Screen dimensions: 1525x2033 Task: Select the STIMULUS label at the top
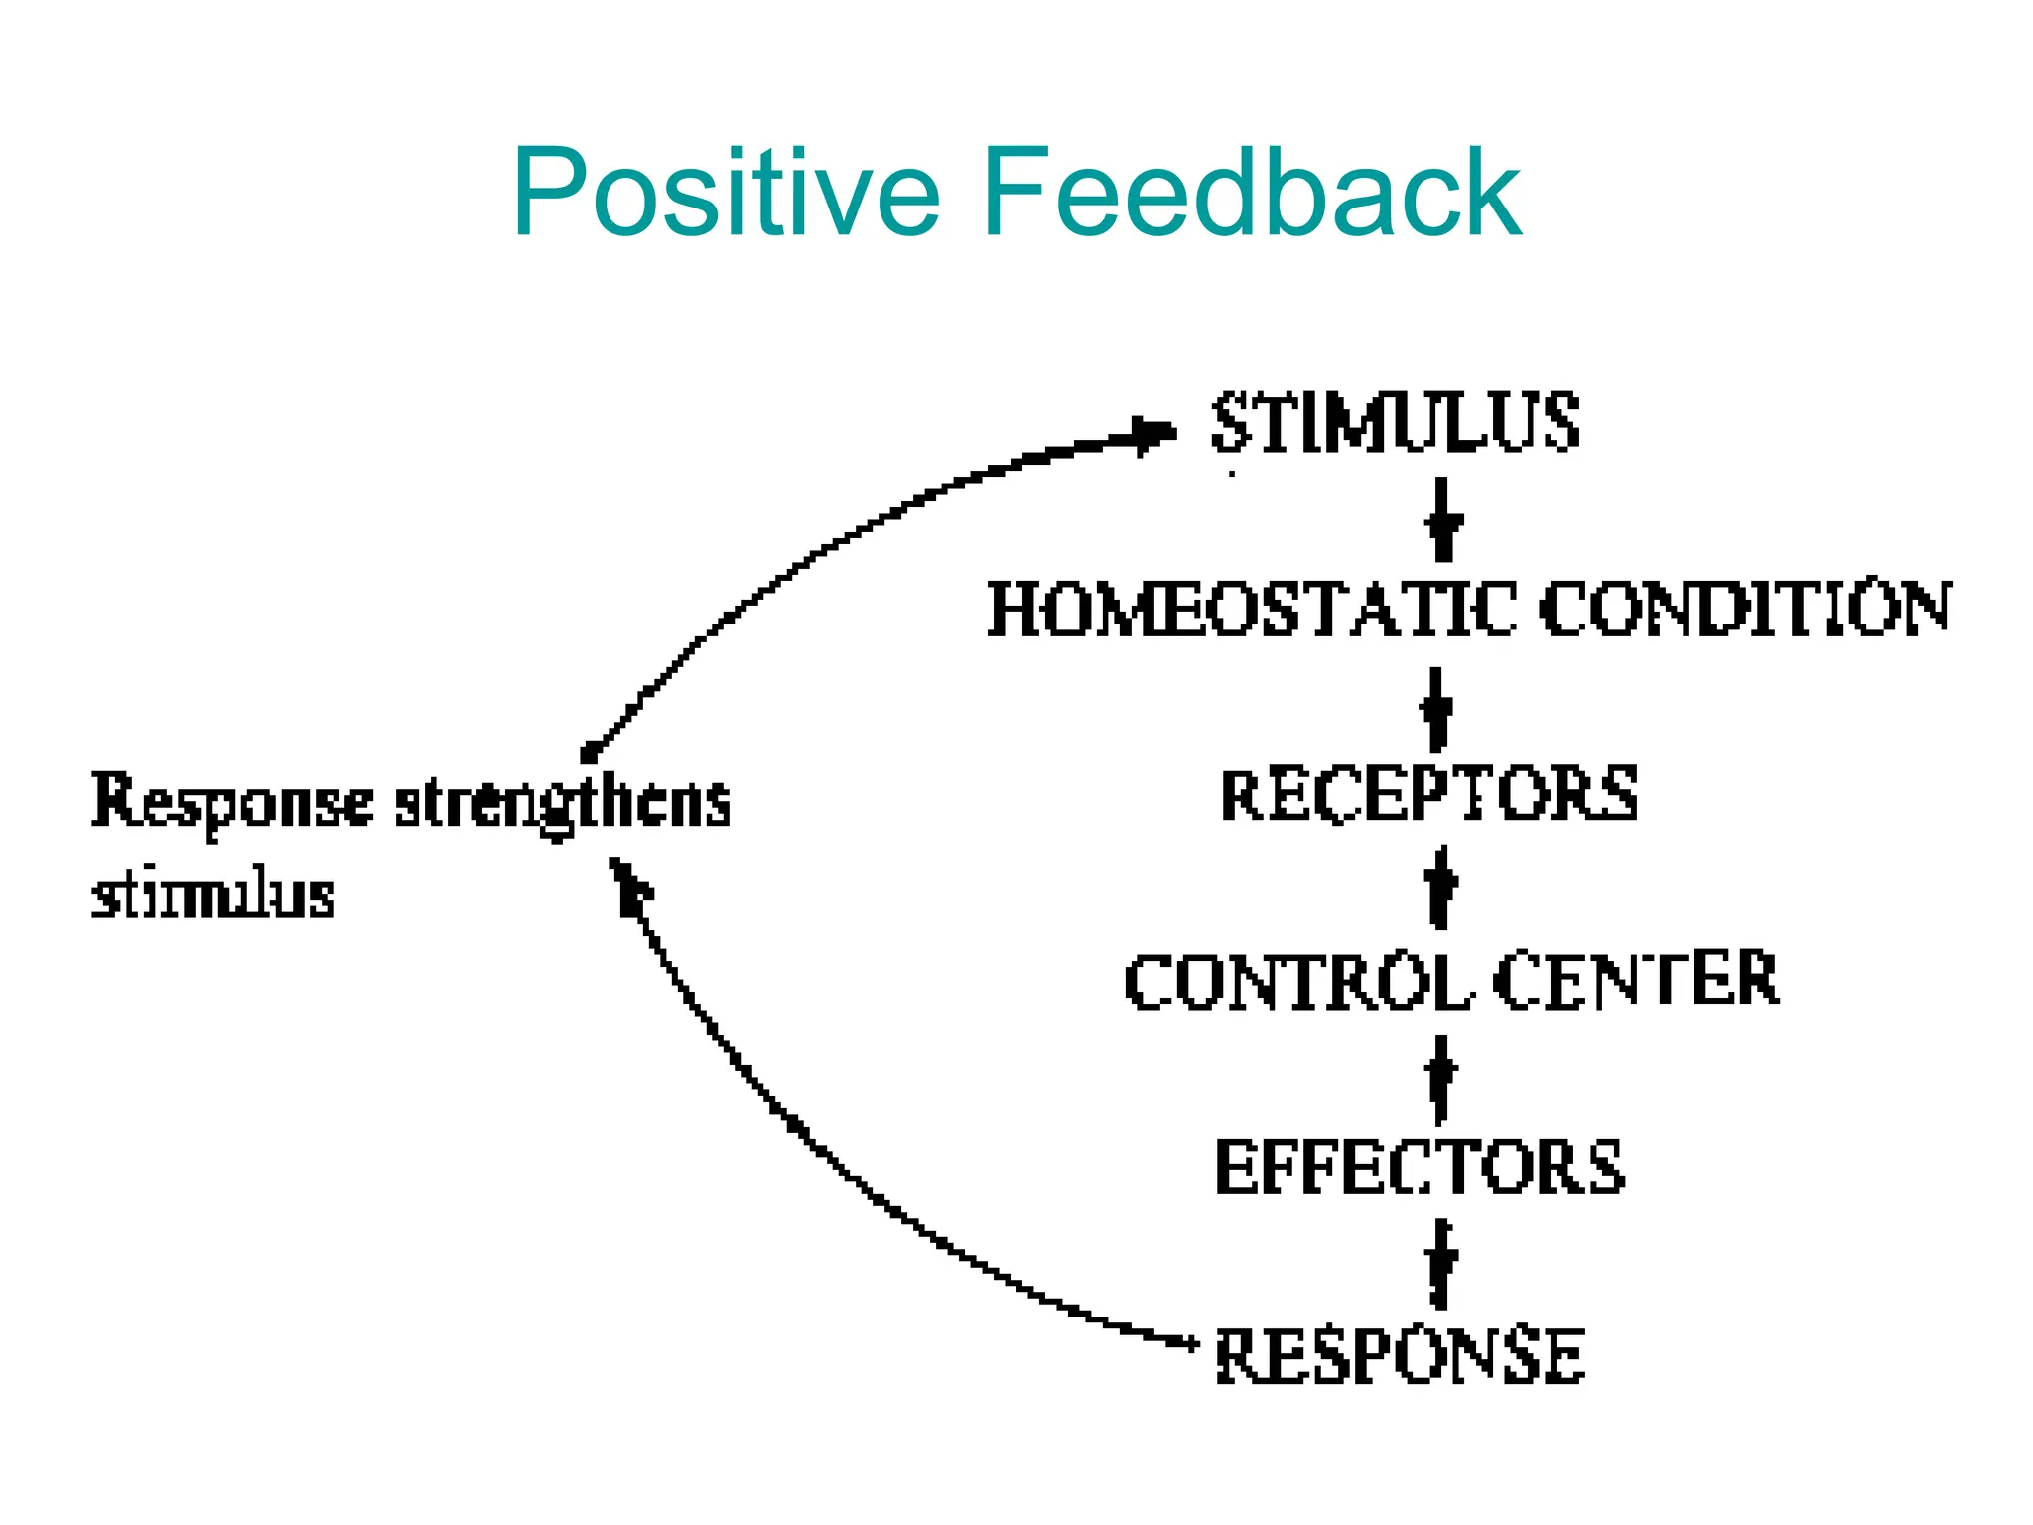coord(1395,424)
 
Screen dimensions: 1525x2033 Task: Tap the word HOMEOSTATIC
coord(1251,609)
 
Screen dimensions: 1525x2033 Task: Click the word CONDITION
coord(1744,609)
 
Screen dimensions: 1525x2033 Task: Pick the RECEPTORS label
coord(1428,795)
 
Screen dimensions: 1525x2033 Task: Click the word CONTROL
coord(1297,981)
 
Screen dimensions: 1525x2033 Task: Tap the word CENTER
coord(1635,981)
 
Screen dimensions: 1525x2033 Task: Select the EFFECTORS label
coord(1420,1168)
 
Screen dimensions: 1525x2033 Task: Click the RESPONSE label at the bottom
coord(1400,1356)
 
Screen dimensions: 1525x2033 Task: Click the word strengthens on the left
coord(562,802)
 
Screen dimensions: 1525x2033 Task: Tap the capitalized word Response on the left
coord(232,802)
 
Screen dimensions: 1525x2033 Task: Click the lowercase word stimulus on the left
coord(212,896)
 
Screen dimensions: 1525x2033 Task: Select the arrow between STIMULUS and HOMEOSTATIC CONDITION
coord(1443,519)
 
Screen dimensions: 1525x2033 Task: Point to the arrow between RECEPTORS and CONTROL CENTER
coord(1440,887)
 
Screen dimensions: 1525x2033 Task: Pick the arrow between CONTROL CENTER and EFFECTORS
coord(1440,1078)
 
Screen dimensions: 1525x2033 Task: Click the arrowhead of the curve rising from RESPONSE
coord(627,884)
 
